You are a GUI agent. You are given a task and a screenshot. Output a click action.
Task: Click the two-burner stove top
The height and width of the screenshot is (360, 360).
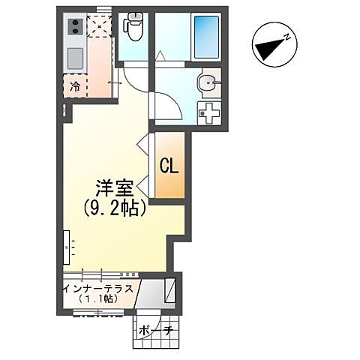(x=75, y=28)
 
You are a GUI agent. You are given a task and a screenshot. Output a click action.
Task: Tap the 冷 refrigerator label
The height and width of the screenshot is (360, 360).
(x=75, y=86)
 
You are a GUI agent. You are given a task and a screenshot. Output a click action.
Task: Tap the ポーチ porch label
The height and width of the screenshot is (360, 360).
(x=157, y=330)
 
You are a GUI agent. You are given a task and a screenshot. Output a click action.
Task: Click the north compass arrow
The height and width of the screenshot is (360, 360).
(x=272, y=46)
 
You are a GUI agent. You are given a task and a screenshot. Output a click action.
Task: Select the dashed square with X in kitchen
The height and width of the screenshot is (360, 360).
(x=97, y=26)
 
